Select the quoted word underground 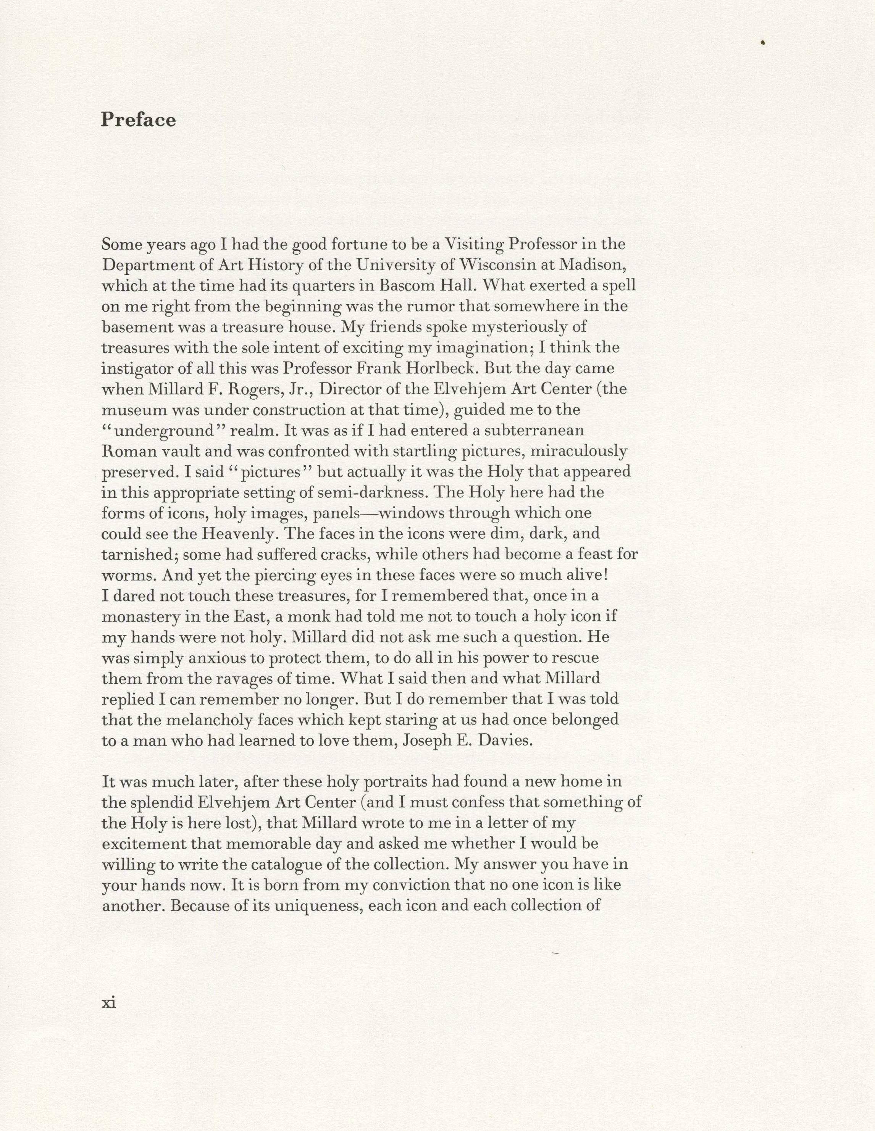171,431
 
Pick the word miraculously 583,451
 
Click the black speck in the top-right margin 763,43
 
